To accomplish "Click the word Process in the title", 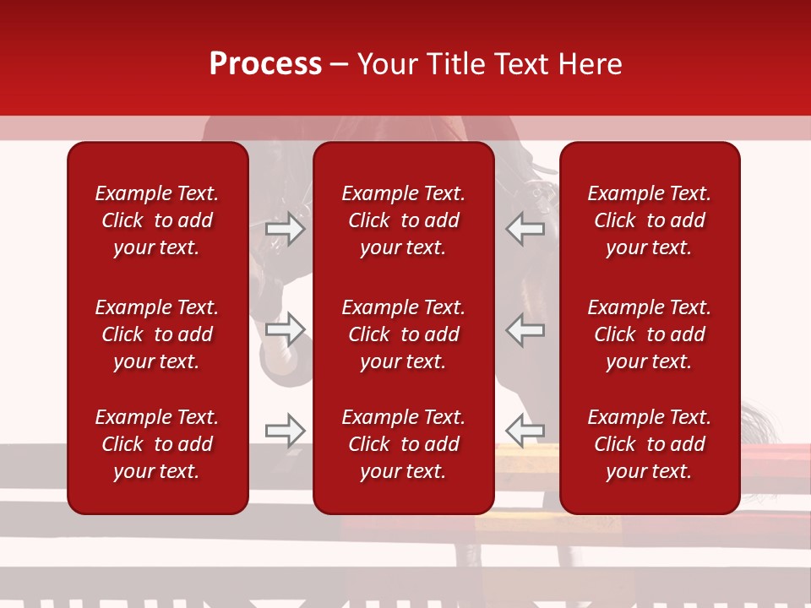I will tap(265, 64).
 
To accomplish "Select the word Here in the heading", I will tap(591, 64).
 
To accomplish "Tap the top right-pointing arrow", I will tap(286, 229).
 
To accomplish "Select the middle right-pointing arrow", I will tap(286, 330).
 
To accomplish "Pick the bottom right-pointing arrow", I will tap(286, 431).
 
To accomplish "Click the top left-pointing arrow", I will tap(525, 229).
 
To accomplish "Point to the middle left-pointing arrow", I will tap(525, 330).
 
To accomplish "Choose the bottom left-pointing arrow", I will tap(525, 431).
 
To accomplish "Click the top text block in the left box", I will tap(157, 220).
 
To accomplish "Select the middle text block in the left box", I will tap(157, 334).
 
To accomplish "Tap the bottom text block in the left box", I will tap(157, 444).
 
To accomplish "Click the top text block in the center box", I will tap(403, 220).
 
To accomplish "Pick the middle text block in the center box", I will tap(403, 334).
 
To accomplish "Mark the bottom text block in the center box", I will tap(403, 444).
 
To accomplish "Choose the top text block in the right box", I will tap(649, 220).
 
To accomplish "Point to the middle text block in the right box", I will tap(649, 334).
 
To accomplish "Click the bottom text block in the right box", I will tap(649, 444).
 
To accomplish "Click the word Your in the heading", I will tap(388, 64).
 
